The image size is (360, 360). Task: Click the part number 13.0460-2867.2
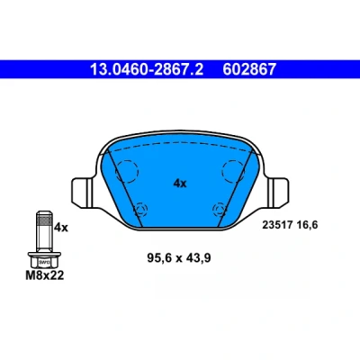(147, 69)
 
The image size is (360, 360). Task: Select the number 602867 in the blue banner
(249, 69)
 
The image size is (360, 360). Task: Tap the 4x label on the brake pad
(180, 183)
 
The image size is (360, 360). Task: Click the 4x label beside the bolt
(61, 228)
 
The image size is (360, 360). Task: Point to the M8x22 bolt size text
(45, 275)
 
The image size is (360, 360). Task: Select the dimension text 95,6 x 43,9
(179, 257)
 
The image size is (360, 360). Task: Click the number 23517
(277, 225)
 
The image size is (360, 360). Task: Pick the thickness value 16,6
(306, 225)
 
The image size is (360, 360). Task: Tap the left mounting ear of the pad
(82, 193)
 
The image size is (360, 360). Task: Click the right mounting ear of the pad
(278, 193)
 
